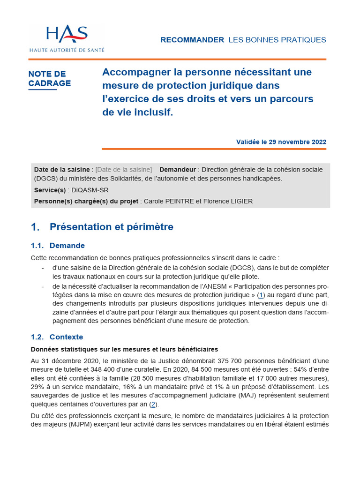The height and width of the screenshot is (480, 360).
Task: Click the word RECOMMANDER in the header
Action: tap(192, 40)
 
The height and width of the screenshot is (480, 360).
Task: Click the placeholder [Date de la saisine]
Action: tap(124, 169)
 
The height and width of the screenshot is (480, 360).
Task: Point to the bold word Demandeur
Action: tap(178, 169)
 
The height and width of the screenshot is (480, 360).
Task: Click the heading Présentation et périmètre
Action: tap(111, 227)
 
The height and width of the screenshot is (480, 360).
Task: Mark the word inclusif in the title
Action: tap(153, 112)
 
